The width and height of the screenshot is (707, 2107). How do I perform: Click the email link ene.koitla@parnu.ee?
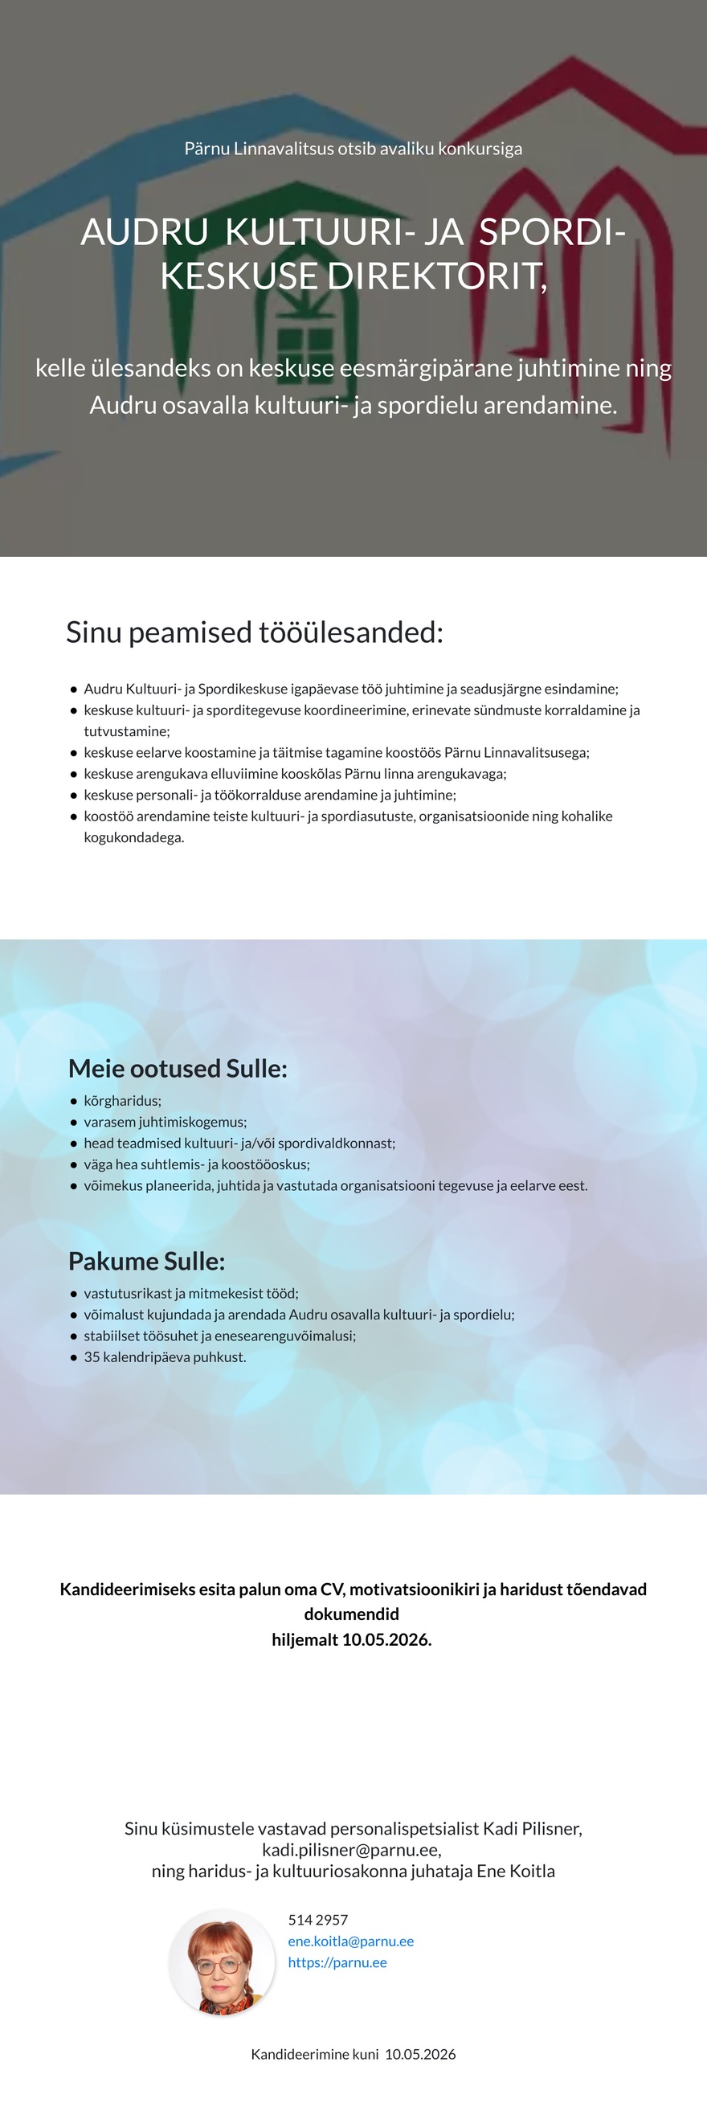point(350,1941)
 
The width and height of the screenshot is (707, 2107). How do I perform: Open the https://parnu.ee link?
point(337,1962)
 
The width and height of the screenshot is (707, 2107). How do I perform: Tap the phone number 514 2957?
point(318,1920)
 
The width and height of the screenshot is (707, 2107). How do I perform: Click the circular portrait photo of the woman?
point(222,1962)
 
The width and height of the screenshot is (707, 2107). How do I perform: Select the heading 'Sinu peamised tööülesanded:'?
point(254,632)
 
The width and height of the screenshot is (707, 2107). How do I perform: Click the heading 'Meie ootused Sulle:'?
point(178,1068)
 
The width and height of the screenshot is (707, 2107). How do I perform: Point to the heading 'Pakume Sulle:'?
point(146,1262)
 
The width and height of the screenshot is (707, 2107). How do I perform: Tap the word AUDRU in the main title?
point(145,232)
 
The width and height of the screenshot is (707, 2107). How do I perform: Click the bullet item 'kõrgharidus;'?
point(123,1101)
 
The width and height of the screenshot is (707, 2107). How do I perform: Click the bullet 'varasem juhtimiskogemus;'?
point(166,1122)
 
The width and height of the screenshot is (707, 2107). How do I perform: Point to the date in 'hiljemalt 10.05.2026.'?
point(386,1639)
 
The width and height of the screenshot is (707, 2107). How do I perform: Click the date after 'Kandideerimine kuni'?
point(420,2054)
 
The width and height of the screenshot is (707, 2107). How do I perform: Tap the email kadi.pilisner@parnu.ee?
point(350,1849)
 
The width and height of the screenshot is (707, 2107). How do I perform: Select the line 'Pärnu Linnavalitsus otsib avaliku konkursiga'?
point(353,149)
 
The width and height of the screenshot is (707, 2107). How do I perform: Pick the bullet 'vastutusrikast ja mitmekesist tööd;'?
point(191,1293)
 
